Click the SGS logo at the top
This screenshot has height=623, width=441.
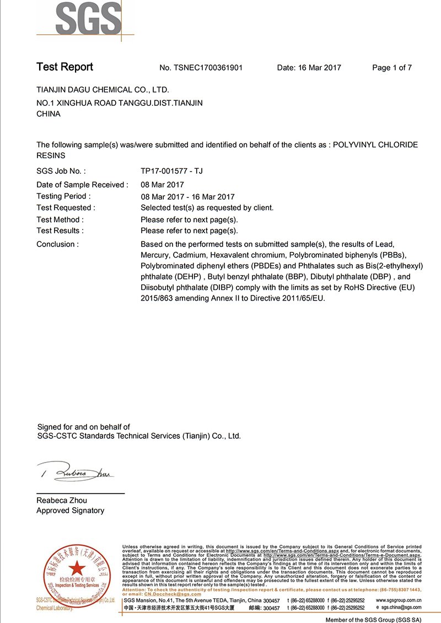88,18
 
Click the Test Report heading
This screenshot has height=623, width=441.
64,67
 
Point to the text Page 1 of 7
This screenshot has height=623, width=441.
392,68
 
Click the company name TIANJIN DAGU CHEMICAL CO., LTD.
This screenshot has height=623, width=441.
103,90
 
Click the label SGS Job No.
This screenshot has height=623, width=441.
61,171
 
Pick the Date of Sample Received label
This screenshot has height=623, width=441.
82,185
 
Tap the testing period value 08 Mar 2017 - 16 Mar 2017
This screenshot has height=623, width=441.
187,197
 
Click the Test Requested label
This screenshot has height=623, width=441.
66,208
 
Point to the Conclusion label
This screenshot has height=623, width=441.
57,244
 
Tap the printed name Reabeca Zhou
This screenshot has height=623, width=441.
61,501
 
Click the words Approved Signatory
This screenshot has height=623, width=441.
70,511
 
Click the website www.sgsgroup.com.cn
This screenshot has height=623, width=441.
399,600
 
